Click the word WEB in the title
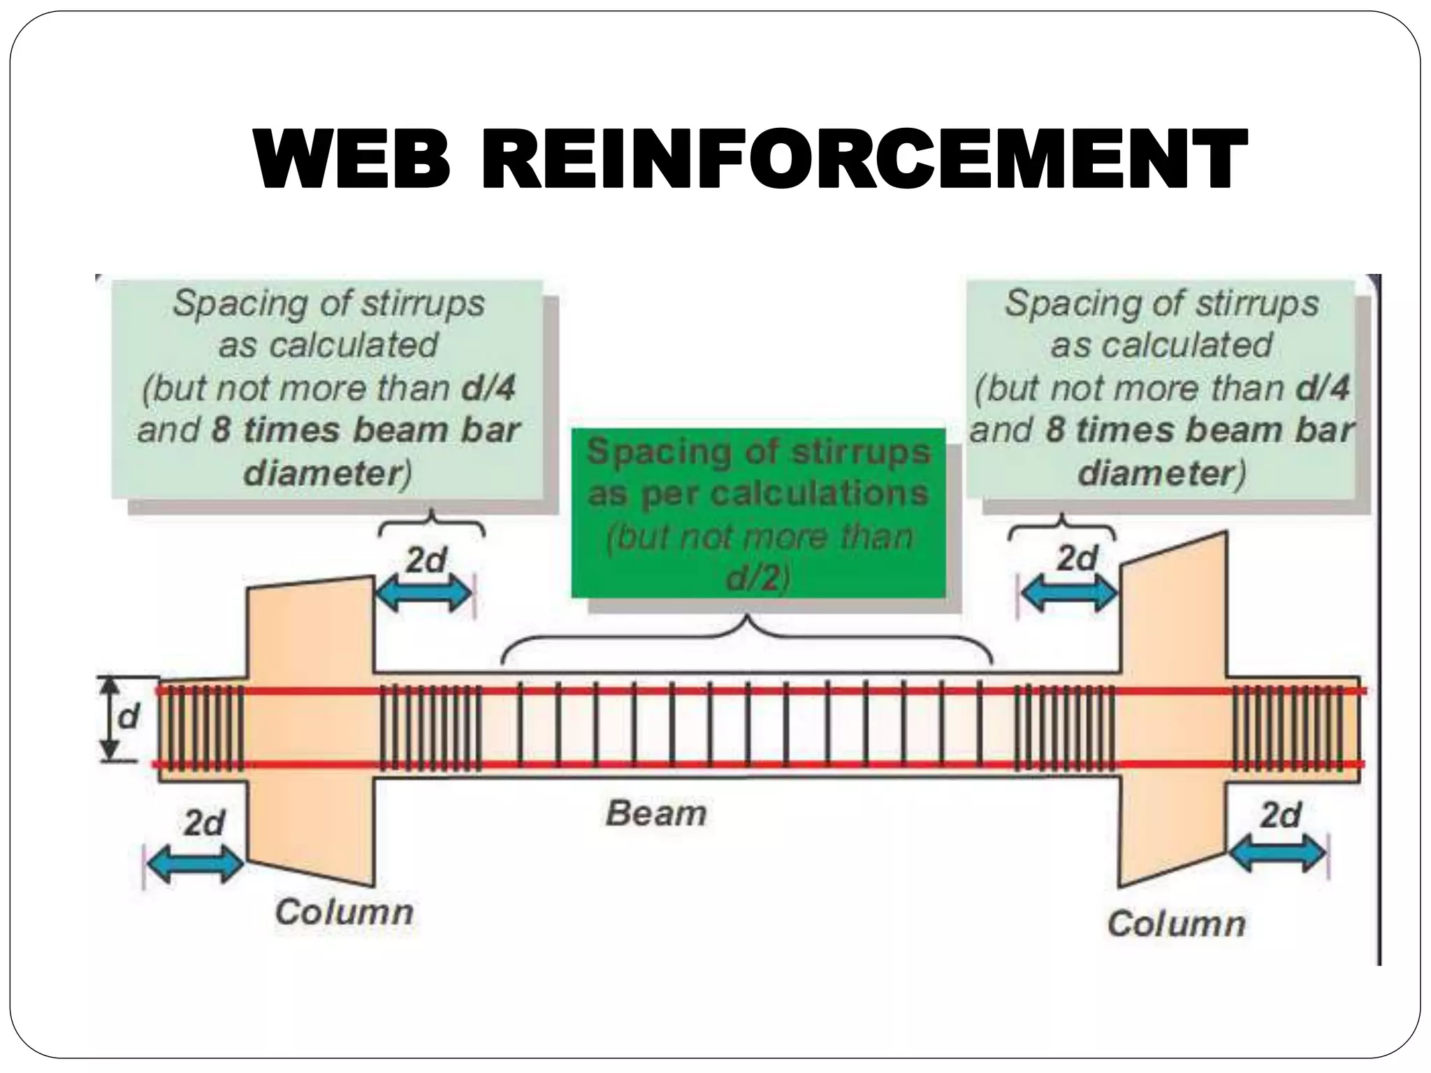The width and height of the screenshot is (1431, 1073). [351, 159]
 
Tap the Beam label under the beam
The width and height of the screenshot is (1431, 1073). [656, 814]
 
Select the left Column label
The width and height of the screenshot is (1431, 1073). [344, 912]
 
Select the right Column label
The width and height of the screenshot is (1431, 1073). [1177, 924]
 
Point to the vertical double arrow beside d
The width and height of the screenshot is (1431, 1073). [108, 718]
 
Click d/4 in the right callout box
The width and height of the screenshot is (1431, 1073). [1323, 388]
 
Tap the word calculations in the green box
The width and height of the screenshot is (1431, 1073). [820, 494]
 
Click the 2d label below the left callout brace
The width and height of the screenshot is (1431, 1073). [426, 560]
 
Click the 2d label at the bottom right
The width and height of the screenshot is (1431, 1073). [1281, 815]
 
